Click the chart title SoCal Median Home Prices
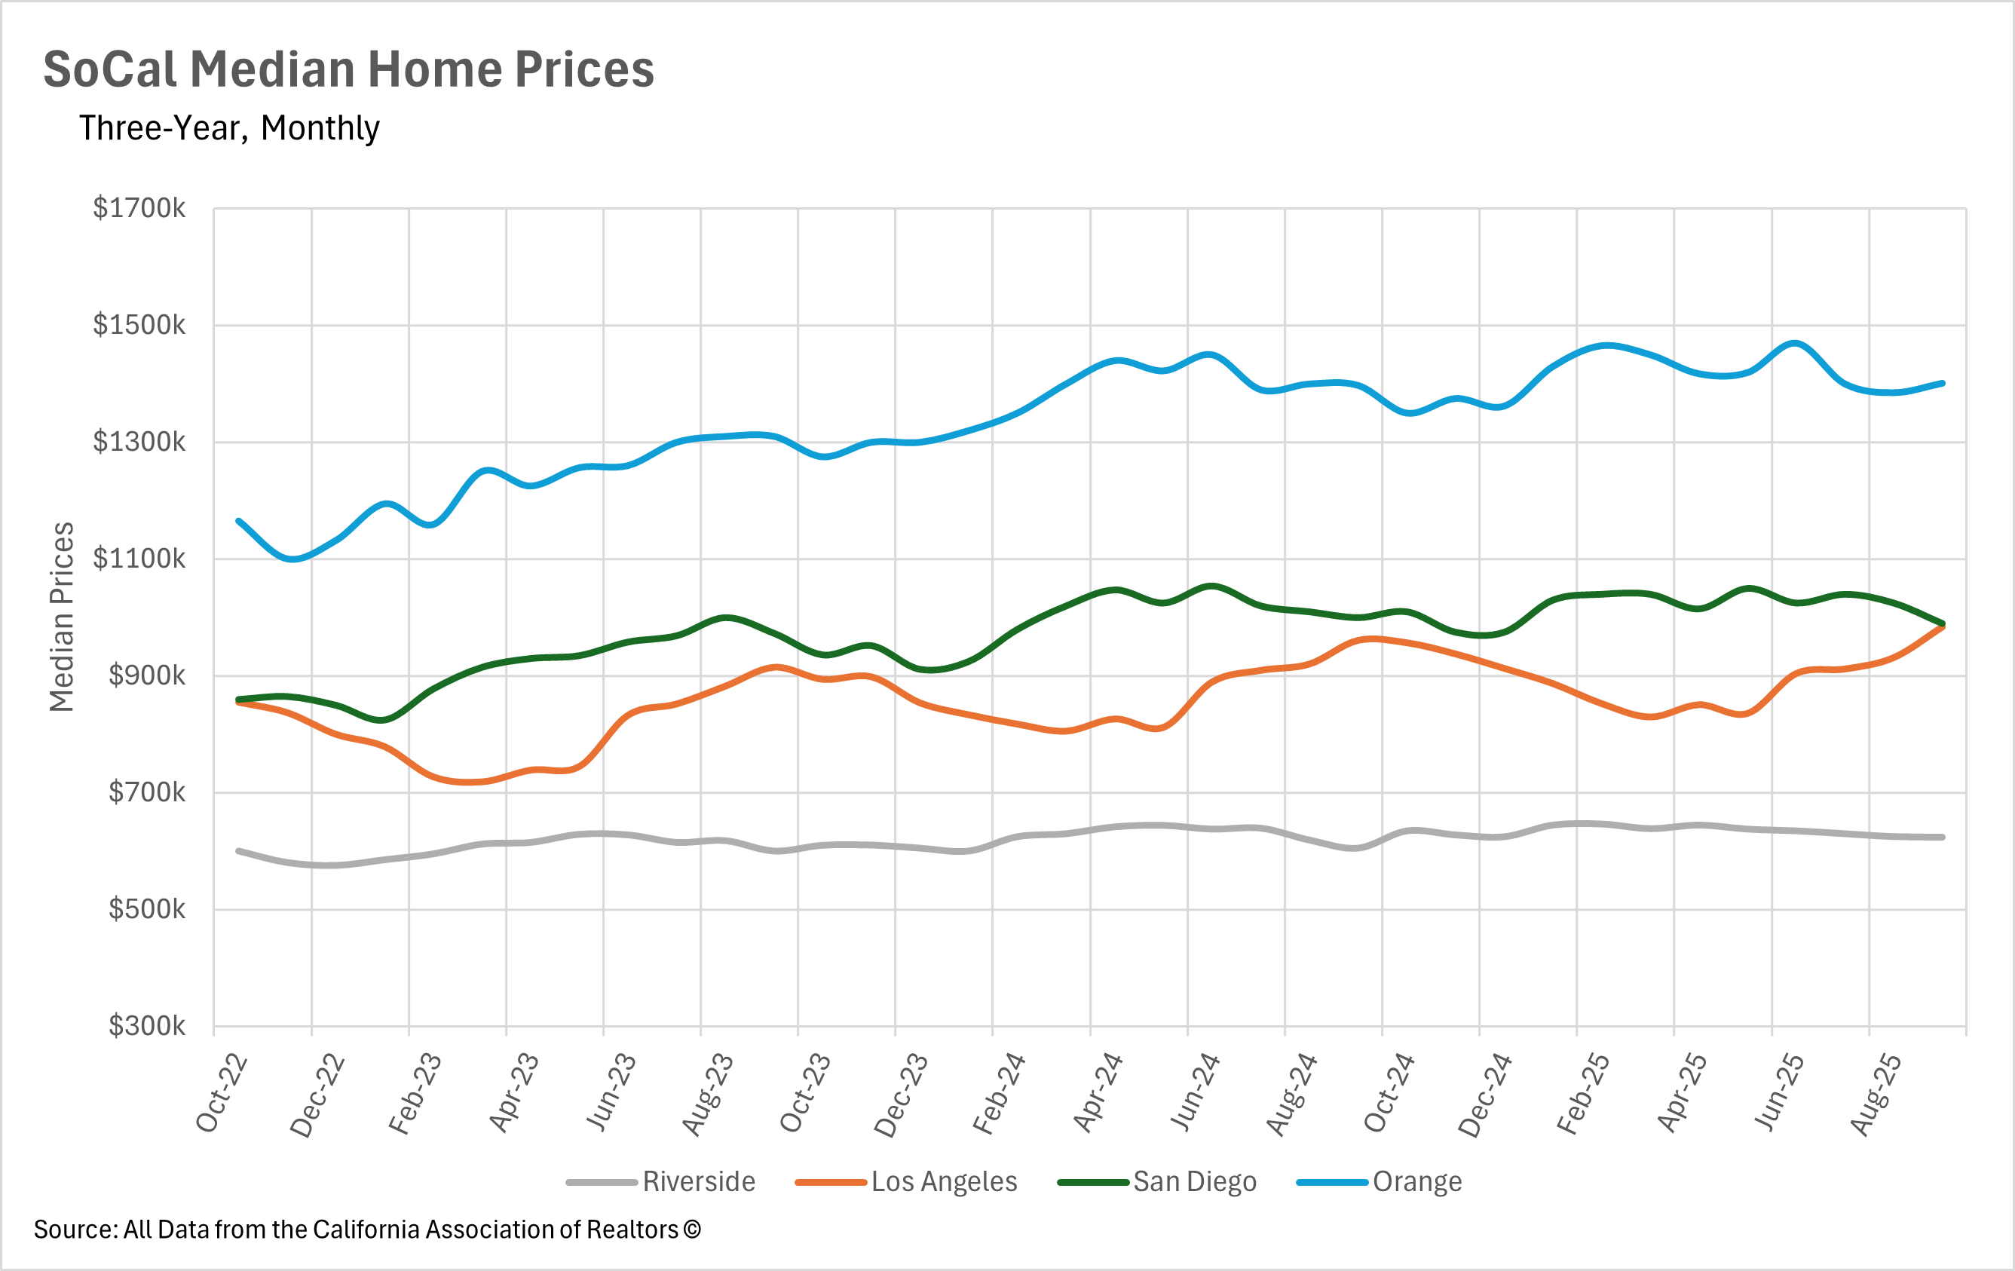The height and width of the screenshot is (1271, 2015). coord(348,69)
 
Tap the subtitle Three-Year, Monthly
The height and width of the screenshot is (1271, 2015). coord(229,128)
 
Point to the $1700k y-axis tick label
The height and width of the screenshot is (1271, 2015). coord(139,208)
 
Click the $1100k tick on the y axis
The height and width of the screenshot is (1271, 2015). coord(139,558)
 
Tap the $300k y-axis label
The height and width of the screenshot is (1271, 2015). coord(146,1025)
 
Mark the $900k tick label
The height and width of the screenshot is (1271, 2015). coord(146,675)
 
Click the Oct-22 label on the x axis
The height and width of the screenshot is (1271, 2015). coord(221,1094)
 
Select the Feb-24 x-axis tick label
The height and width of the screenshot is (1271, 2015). coord(998,1094)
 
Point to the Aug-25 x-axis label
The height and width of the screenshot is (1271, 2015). coord(1876,1094)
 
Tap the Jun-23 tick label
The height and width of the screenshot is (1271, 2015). coord(610,1094)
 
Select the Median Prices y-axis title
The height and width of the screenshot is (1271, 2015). coord(62,617)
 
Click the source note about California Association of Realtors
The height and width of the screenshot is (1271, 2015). coord(366,1230)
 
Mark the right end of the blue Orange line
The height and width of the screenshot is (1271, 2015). coord(1942,383)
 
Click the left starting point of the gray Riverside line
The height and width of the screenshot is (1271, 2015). coord(238,851)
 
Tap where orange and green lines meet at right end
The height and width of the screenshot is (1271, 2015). coord(1942,624)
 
